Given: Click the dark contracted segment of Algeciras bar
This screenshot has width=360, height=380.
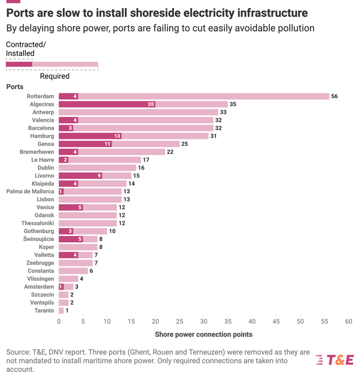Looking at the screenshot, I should click(x=107, y=104).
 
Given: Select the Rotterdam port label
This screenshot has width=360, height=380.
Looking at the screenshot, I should click(x=40, y=96).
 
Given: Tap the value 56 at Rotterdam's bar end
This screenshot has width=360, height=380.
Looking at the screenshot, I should click(x=334, y=96).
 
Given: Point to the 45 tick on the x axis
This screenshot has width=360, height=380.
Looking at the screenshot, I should click(x=276, y=322).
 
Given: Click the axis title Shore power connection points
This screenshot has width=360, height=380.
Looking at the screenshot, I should click(x=203, y=334).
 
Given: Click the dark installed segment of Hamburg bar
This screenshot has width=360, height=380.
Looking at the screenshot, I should click(x=90, y=136).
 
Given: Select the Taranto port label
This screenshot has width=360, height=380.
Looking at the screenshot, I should click(x=44, y=311).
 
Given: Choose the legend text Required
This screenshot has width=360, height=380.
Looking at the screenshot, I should click(x=55, y=76).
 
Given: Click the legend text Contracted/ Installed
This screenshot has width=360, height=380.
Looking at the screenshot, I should click(x=26, y=49).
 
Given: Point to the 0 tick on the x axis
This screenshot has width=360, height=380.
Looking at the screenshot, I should click(x=59, y=322).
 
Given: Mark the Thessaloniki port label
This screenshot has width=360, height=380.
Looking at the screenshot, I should click(x=37, y=223).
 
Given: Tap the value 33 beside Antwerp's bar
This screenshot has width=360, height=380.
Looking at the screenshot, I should click(x=223, y=112).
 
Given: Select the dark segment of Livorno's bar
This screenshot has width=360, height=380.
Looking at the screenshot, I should click(x=80, y=175).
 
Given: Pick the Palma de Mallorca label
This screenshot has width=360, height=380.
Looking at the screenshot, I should click(x=30, y=191).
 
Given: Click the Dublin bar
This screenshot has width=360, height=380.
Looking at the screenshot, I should click(x=97, y=168).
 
